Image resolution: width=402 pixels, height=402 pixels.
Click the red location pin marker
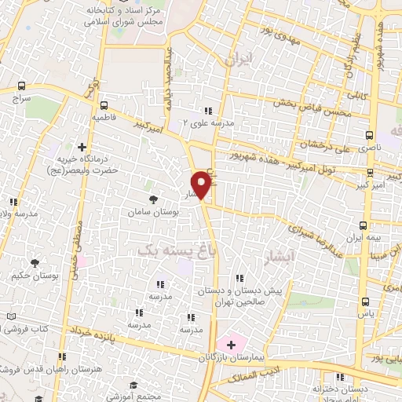point(202,184)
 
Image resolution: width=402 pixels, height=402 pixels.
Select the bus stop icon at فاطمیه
point(104,104)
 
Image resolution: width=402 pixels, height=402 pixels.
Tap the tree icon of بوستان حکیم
point(34,263)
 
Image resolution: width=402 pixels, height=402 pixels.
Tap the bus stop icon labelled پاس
point(365,301)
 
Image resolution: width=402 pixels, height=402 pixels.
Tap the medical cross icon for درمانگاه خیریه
point(82,146)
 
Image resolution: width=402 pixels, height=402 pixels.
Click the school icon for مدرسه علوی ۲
point(208,111)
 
